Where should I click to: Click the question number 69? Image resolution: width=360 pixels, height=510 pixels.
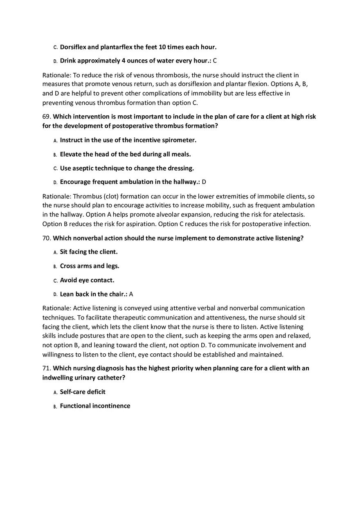(46, 117)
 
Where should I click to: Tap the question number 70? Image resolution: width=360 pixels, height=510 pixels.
(46, 238)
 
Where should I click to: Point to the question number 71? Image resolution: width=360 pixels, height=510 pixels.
(46, 368)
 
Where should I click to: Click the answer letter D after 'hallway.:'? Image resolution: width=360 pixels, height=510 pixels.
(204, 182)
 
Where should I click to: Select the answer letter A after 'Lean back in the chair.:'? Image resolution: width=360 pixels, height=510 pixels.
(131, 294)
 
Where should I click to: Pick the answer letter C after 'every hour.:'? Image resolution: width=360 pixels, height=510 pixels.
(215, 61)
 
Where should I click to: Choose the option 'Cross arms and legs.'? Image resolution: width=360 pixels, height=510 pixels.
(90, 266)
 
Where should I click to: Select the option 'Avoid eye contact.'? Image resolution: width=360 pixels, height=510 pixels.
(87, 280)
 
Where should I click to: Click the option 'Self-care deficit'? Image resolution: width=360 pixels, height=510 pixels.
(83, 392)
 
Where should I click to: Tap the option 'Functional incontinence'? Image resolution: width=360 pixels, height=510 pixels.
(95, 406)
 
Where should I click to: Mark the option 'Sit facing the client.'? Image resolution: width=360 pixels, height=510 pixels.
(89, 252)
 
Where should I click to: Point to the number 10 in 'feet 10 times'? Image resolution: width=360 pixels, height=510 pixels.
(161, 47)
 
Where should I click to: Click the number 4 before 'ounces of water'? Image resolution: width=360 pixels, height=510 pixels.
(124, 61)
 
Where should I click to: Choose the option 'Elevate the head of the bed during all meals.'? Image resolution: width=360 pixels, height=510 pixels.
(125, 154)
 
